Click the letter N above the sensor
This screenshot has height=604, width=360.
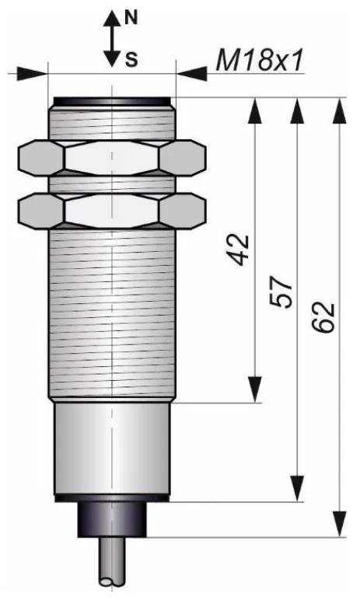tap(131, 18)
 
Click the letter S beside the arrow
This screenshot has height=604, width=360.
tap(131, 60)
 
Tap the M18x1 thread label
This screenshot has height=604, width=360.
tap(260, 61)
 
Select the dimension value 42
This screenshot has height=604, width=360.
tap(239, 250)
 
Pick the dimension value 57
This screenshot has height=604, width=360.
tap(281, 292)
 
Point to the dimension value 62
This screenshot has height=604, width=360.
tap(323, 317)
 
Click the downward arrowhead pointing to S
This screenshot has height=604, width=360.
tap(112, 58)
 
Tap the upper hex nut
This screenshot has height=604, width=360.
tap(112, 159)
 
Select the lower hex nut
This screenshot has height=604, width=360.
tap(112, 211)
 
